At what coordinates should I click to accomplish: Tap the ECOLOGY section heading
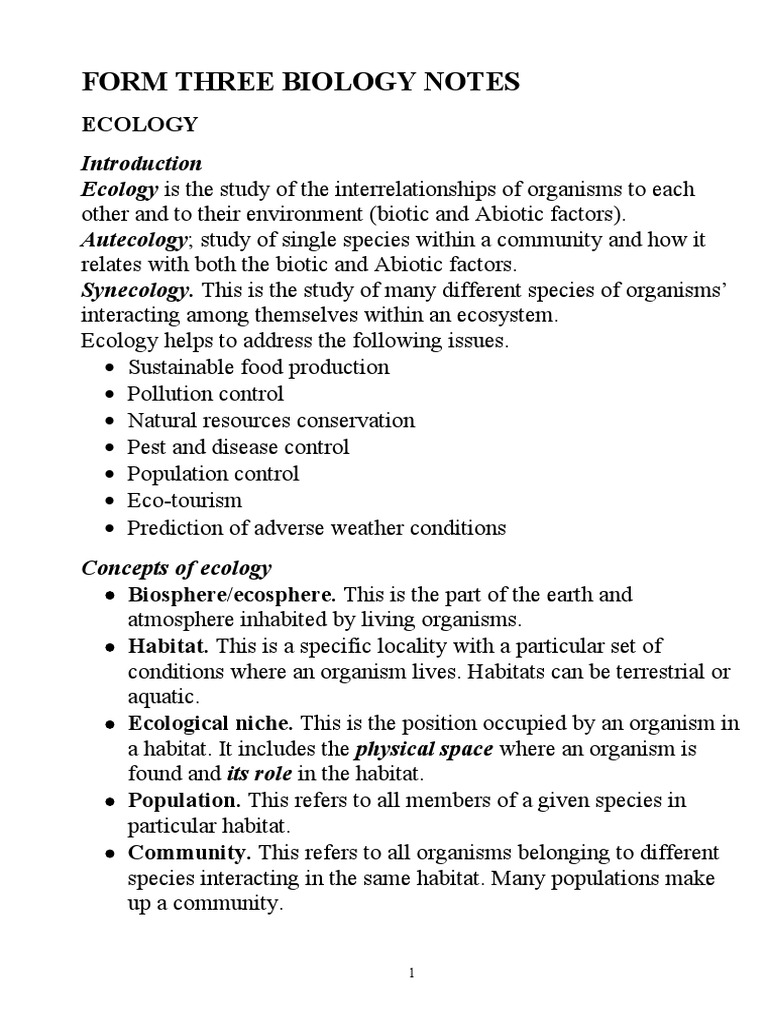[x=140, y=125]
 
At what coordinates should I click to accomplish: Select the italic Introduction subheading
[x=141, y=163]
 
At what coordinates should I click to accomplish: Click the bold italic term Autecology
[x=133, y=240]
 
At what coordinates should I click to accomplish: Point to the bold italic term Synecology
[x=137, y=291]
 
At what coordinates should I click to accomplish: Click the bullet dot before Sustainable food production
[x=109, y=368]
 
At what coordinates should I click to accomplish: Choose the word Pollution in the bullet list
[x=164, y=394]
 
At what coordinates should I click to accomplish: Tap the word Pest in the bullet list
[x=144, y=447]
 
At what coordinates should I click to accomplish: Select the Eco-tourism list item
[x=184, y=500]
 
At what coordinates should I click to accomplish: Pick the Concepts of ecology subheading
[x=176, y=568]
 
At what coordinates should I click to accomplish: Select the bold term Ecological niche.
[x=210, y=722]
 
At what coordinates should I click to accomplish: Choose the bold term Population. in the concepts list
[x=184, y=801]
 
